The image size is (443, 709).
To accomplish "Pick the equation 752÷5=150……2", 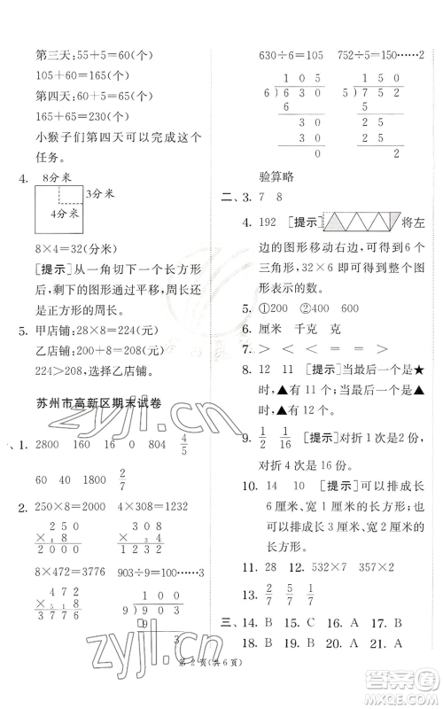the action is point(380,54).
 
